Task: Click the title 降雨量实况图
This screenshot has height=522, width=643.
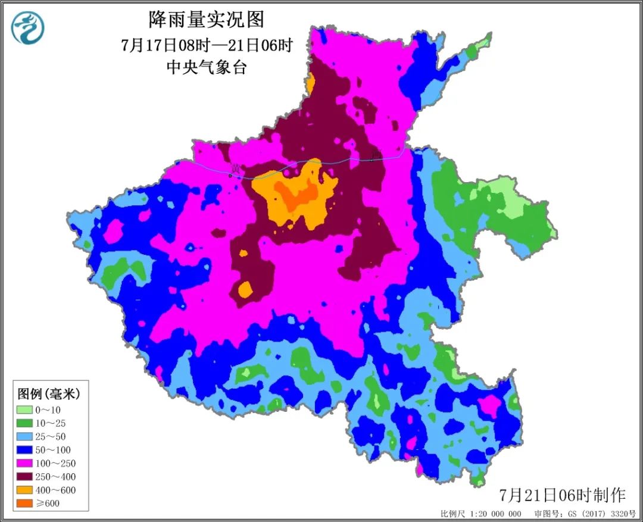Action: (206, 20)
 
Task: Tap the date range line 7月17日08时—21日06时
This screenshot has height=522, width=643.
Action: (206, 45)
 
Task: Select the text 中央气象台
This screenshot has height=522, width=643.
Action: (206, 67)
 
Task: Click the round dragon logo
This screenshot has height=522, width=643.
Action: (28, 28)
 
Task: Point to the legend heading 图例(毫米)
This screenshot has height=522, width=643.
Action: (49, 393)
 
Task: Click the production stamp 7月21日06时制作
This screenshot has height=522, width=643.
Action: (562, 495)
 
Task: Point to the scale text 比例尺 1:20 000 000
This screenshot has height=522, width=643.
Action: (481, 514)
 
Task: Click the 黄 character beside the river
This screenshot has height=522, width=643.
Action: (236, 169)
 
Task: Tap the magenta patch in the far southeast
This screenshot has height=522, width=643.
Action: (489, 407)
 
